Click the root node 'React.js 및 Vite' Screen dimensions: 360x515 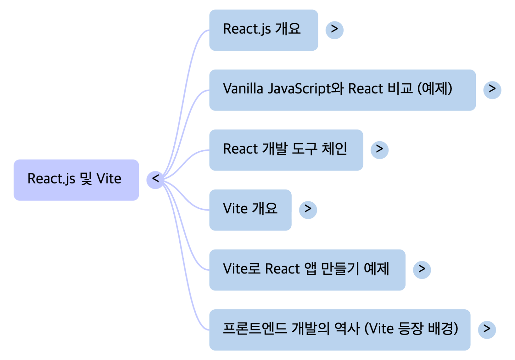coord(76,180)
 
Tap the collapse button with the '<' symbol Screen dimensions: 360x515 coord(155,179)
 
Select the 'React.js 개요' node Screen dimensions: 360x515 coord(263,30)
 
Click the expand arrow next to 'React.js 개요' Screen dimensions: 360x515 coord(334,30)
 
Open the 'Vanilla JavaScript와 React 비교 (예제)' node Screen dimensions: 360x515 coord(342,90)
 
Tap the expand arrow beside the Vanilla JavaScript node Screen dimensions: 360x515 coord(492,89)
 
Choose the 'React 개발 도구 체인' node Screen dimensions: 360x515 coord(286,150)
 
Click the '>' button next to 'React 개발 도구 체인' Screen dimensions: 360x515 coord(379,149)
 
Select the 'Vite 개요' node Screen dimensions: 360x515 coord(250,210)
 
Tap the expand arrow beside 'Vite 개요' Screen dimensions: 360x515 coord(307,209)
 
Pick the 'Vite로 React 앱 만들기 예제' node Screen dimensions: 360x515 coord(307,269)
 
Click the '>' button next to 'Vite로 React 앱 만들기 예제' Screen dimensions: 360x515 coord(421,269)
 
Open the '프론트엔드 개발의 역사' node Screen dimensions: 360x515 coord(339,329)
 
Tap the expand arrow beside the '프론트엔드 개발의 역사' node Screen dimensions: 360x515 coord(487,329)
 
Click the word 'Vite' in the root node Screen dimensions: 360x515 coord(109,179)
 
